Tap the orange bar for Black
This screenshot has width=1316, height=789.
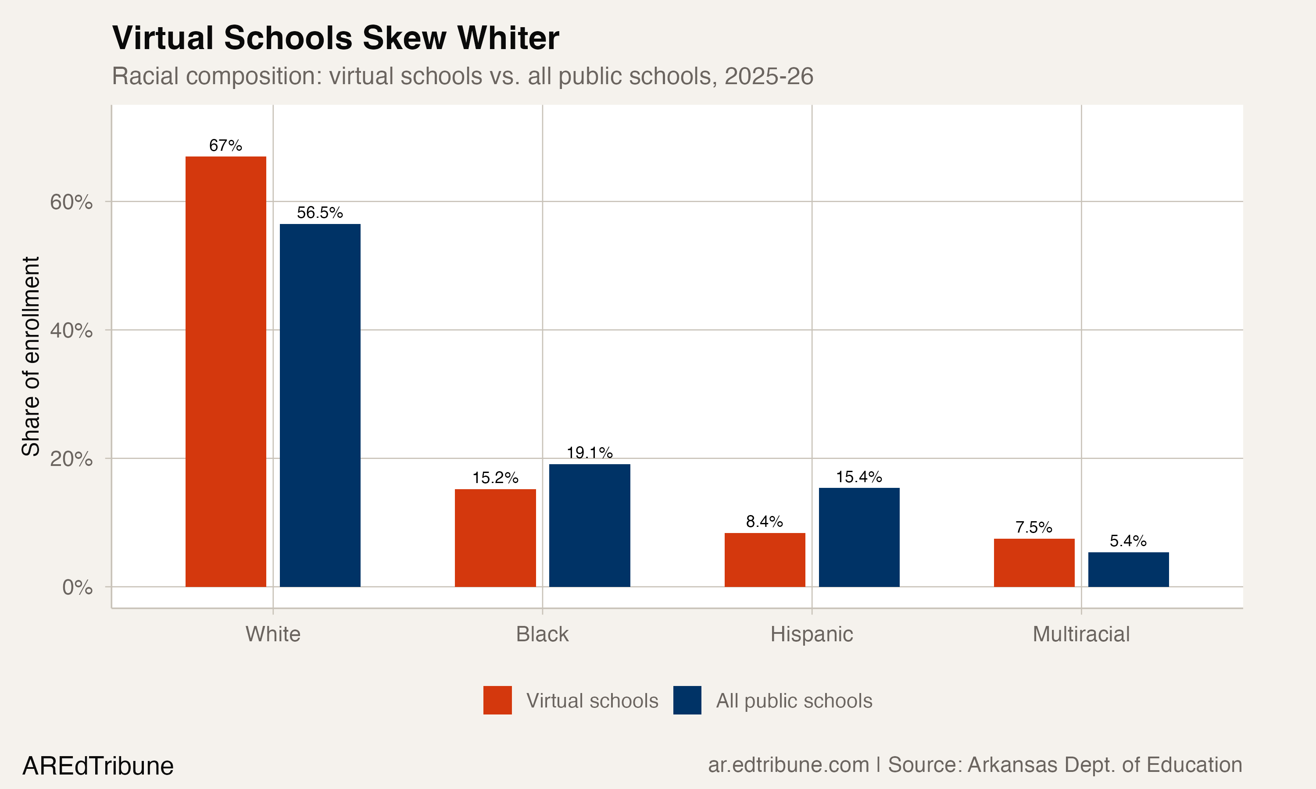pyautogui.click(x=495, y=537)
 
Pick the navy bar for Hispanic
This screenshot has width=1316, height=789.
pyautogui.click(x=859, y=537)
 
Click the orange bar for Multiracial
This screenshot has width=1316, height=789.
pyautogui.click(x=1034, y=562)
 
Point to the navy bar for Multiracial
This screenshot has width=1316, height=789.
pyautogui.click(x=1128, y=569)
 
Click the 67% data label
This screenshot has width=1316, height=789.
pyautogui.click(x=225, y=145)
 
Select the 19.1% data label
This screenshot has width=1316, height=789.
pyautogui.click(x=590, y=452)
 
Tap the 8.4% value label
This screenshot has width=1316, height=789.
pyautogui.click(x=765, y=521)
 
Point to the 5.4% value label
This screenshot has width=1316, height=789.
pyautogui.click(x=1128, y=541)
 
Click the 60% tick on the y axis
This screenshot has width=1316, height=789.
pyautogui.click(x=71, y=202)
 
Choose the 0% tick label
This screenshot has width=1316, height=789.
pyautogui.click(x=77, y=587)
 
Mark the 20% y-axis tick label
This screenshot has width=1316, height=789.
pyautogui.click(x=71, y=459)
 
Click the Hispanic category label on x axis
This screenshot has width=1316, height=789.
pyautogui.click(x=811, y=634)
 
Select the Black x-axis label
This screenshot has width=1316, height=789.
pyautogui.click(x=542, y=634)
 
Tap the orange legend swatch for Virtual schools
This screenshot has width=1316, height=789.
pyautogui.click(x=497, y=700)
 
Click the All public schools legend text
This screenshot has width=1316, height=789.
pyautogui.click(x=794, y=701)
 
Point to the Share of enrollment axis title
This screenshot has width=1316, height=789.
pyautogui.click(x=31, y=356)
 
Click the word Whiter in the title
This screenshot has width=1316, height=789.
pyautogui.click(x=508, y=38)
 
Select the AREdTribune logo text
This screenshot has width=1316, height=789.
pyautogui.click(x=98, y=766)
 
